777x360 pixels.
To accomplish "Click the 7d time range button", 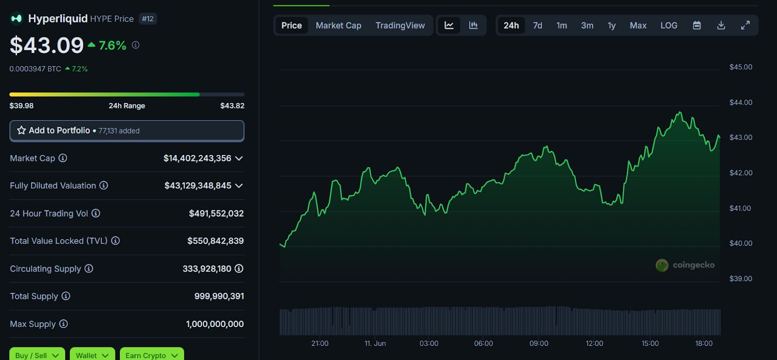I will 537,25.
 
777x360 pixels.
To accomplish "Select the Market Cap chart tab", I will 338,25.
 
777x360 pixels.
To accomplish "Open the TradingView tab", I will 400,25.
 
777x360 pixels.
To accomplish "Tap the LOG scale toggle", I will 669,25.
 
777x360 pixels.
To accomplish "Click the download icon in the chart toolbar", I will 721,25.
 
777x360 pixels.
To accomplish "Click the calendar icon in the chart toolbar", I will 697,25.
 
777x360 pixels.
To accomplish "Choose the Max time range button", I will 638,25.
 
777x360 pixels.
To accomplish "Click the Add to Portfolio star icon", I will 21,130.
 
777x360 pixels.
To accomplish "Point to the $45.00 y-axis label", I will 741,67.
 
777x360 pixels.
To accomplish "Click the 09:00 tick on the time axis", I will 539,343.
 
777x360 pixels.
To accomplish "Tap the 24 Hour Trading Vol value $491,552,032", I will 216,213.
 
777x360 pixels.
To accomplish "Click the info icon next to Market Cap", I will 63,158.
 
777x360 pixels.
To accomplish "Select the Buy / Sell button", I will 37,355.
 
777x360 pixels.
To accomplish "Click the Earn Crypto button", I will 152,355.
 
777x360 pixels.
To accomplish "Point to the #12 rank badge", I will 148,19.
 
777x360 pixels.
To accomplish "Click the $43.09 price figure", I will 47,46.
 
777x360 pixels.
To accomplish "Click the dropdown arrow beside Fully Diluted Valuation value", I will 239,186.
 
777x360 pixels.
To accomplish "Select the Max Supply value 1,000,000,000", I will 215,324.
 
